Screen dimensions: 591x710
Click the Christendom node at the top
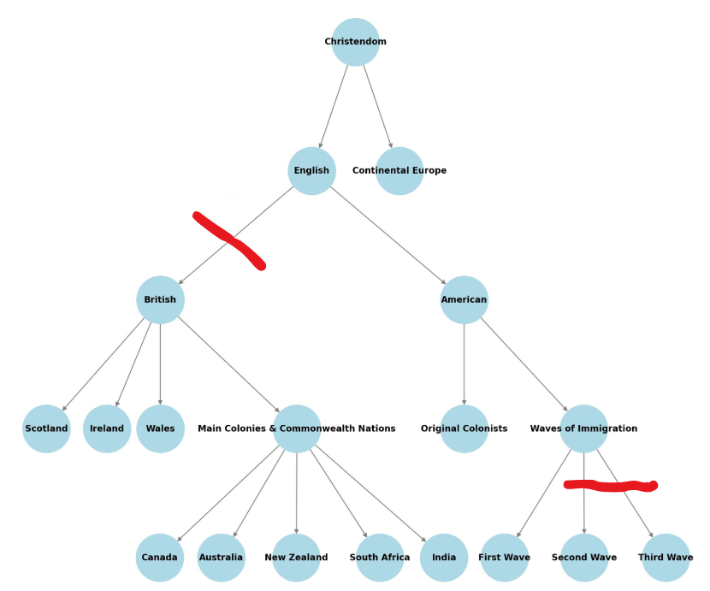tap(355, 42)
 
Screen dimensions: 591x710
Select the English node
tap(311, 171)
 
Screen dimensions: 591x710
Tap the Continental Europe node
tap(399, 171)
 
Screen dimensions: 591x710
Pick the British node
tap(160, 300)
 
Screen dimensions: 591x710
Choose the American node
tap(464, 300)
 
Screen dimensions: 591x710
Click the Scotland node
tap(46, 428)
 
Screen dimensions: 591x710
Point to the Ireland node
tap(107, 428)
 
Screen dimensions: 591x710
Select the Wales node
tap(160, 428)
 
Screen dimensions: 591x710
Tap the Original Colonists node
tap(464, 428)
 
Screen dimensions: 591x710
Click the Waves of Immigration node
tap(583, 428)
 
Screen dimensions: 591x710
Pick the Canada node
tap(160, 558)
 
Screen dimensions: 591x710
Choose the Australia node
tap(221, 558)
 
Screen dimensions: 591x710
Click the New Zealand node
tap(296, 558)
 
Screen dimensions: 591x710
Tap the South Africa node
tap(380, 558)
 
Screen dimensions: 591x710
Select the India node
tap(444, 558)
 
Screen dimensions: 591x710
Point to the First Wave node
tap(505, 558)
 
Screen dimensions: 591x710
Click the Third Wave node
tap(666, 558)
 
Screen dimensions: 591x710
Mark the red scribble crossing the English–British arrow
tap(229, 240)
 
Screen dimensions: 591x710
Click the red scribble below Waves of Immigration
tap(611, 487)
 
